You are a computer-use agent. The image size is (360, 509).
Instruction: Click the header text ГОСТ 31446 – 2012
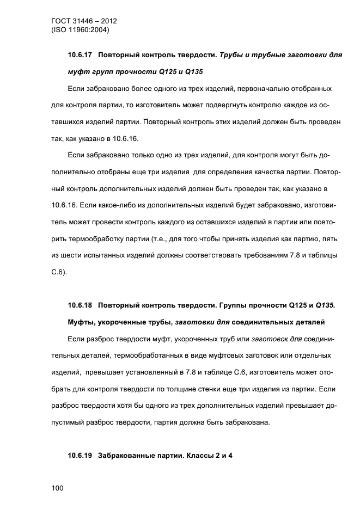(84, 21)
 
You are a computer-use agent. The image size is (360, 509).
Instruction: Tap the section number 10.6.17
(80, 55)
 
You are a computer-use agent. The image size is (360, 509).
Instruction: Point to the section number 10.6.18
(80, 305)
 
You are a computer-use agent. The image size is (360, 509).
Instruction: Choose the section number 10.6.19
(80, 455)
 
